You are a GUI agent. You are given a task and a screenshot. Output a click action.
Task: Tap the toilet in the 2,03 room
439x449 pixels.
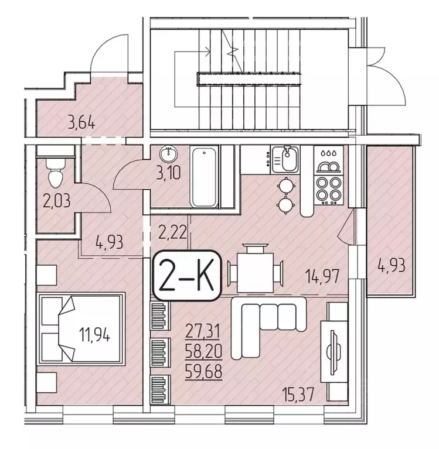56,173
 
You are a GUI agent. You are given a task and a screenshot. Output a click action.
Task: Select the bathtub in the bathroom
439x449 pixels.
205,177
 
